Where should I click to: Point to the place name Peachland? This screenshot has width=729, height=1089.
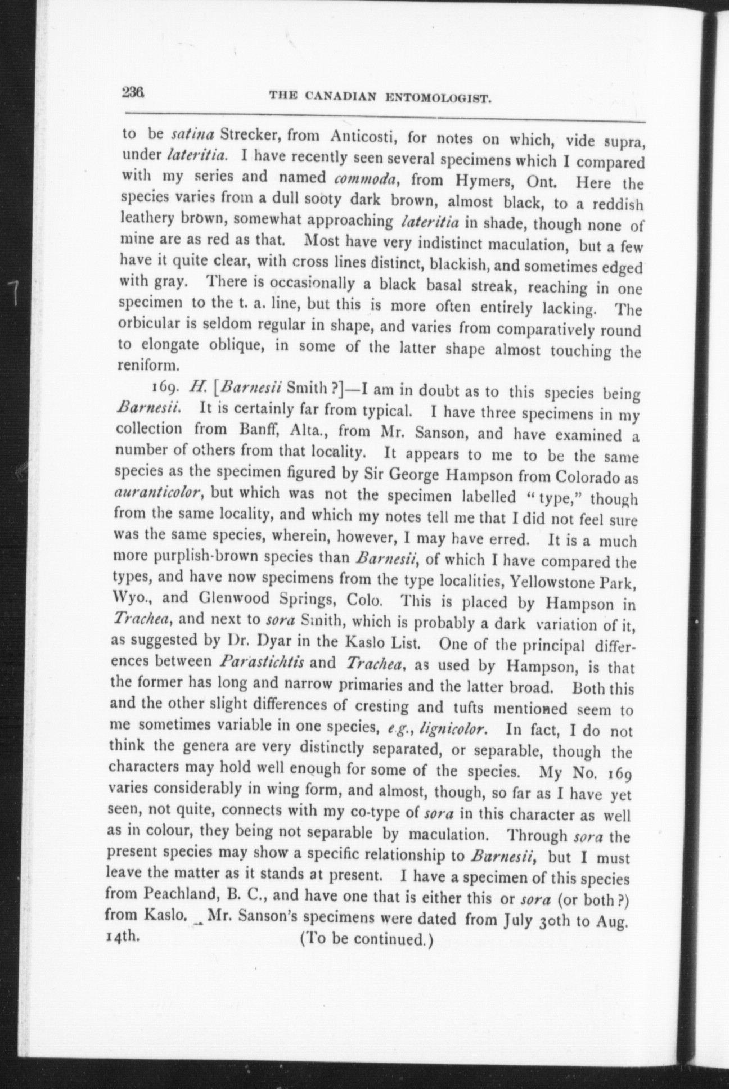179,894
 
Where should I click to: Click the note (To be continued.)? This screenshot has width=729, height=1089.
366,938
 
